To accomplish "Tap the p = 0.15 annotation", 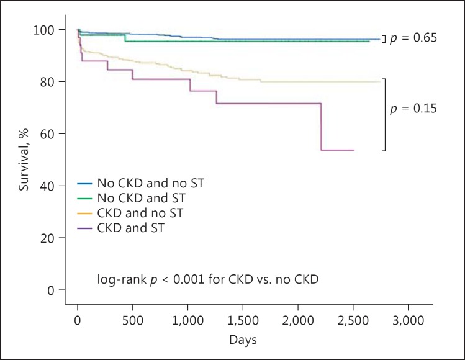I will tap(413, 108).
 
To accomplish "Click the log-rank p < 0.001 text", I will tap(207, 280).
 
